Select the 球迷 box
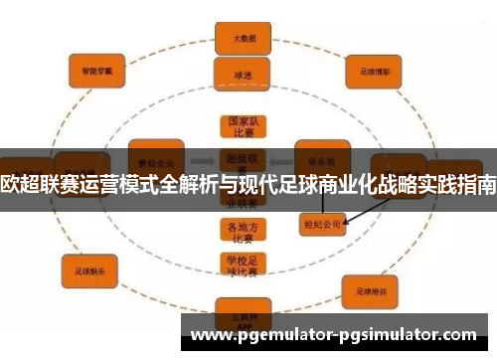point(239,74)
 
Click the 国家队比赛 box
point(239,126)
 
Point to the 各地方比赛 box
point(239,230)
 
